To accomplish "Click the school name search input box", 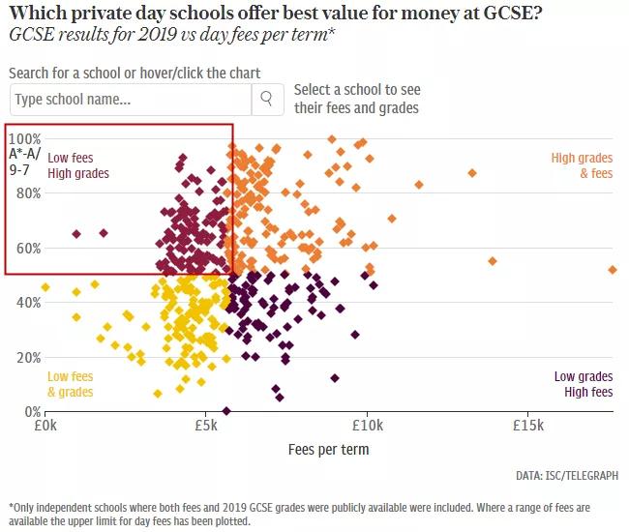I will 130,99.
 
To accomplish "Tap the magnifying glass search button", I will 267,99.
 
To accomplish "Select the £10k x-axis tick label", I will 367,425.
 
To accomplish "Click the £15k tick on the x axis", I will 527,425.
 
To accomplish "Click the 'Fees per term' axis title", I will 328,450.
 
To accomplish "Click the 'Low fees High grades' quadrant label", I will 78,165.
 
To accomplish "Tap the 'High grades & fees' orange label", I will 582,165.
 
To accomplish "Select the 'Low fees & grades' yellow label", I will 71,384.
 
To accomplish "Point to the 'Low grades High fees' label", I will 583,384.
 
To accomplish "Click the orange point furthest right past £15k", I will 612,270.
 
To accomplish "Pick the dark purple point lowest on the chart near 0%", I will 226,411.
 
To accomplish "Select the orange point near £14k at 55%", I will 493,261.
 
